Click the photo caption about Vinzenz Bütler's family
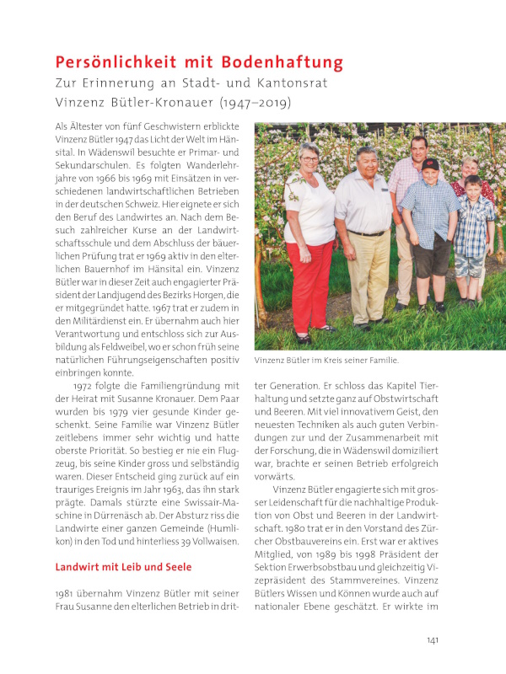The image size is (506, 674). coord(326,360)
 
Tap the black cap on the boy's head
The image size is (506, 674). coord(430,163)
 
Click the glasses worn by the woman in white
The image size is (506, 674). coord(310,159)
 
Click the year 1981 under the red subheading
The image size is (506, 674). coord(67,596)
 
